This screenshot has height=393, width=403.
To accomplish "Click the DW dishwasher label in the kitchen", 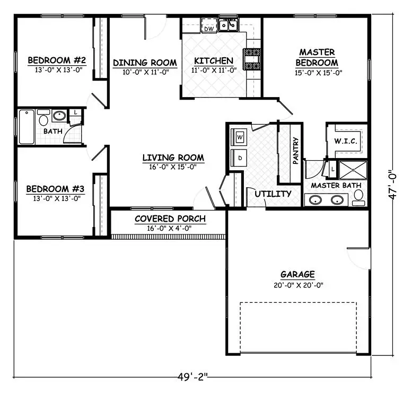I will pyautogui.click(x=209, y=28).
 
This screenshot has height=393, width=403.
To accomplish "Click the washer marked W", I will pyautogui.click(x=240, y=137).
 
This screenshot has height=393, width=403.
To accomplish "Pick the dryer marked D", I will pyautogui.click(x=240, y=158).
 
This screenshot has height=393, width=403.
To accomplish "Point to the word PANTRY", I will pyautogui.click(x=295, y=151).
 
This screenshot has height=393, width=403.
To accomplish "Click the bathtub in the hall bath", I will pyautogui.click(x=26, y=127).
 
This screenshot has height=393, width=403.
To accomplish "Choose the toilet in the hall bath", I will pyautogui.click(x=43, y=119).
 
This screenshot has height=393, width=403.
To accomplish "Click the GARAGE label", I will pyautogui.click(x=297, y=275).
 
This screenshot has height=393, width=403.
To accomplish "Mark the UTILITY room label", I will pyautogui.click(x=273, y=194).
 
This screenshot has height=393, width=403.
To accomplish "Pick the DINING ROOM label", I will pyautogui.click(x=145, y=63).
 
